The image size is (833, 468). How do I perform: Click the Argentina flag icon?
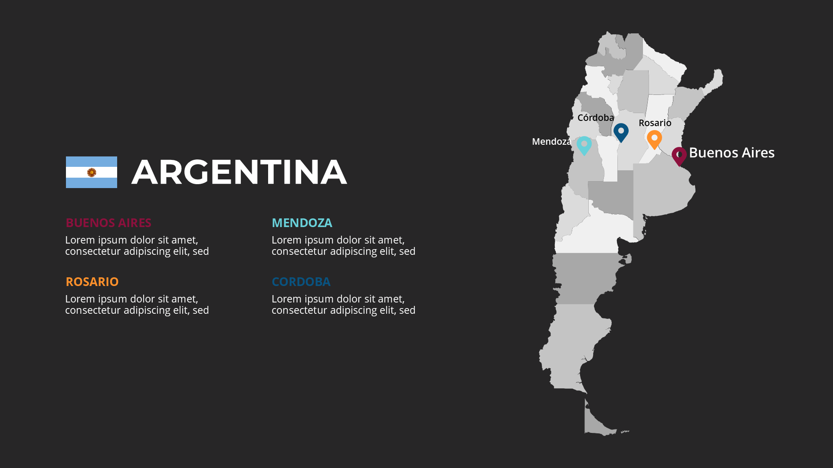(x=91, y=172)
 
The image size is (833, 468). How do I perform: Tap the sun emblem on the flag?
(x=92, y=172)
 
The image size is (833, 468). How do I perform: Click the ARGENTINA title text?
(x=239, y=172)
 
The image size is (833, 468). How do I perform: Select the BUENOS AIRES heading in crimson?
(x=108, y=223)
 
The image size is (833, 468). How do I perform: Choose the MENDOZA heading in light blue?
(x=302, y=223)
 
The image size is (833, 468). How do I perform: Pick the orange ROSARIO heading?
(x=92, y=282)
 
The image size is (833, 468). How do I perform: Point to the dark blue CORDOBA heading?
(x=301, y=282)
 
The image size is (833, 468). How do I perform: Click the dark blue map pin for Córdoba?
(x=621, y=132)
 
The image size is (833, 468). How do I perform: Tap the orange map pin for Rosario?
(x=654, y=139)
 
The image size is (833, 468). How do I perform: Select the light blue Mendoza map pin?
(x=584, y=145)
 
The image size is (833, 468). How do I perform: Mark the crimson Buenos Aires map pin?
(x=679, y=156)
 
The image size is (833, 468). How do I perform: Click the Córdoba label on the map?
(x=596, y=118)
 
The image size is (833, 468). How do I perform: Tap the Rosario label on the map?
(x=655, y=123)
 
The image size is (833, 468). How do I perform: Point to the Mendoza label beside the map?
(x=551, y=142)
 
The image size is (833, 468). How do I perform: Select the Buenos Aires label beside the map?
(x=731, y=153)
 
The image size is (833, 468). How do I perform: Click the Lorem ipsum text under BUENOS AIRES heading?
(x=137, y=245)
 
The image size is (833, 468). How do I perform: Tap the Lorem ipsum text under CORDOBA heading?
(x=344, y=304)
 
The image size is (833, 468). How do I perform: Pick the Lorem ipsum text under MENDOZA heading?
(x=344, y=245)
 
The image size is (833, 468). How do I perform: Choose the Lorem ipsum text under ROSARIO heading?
(x=137, y=304)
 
